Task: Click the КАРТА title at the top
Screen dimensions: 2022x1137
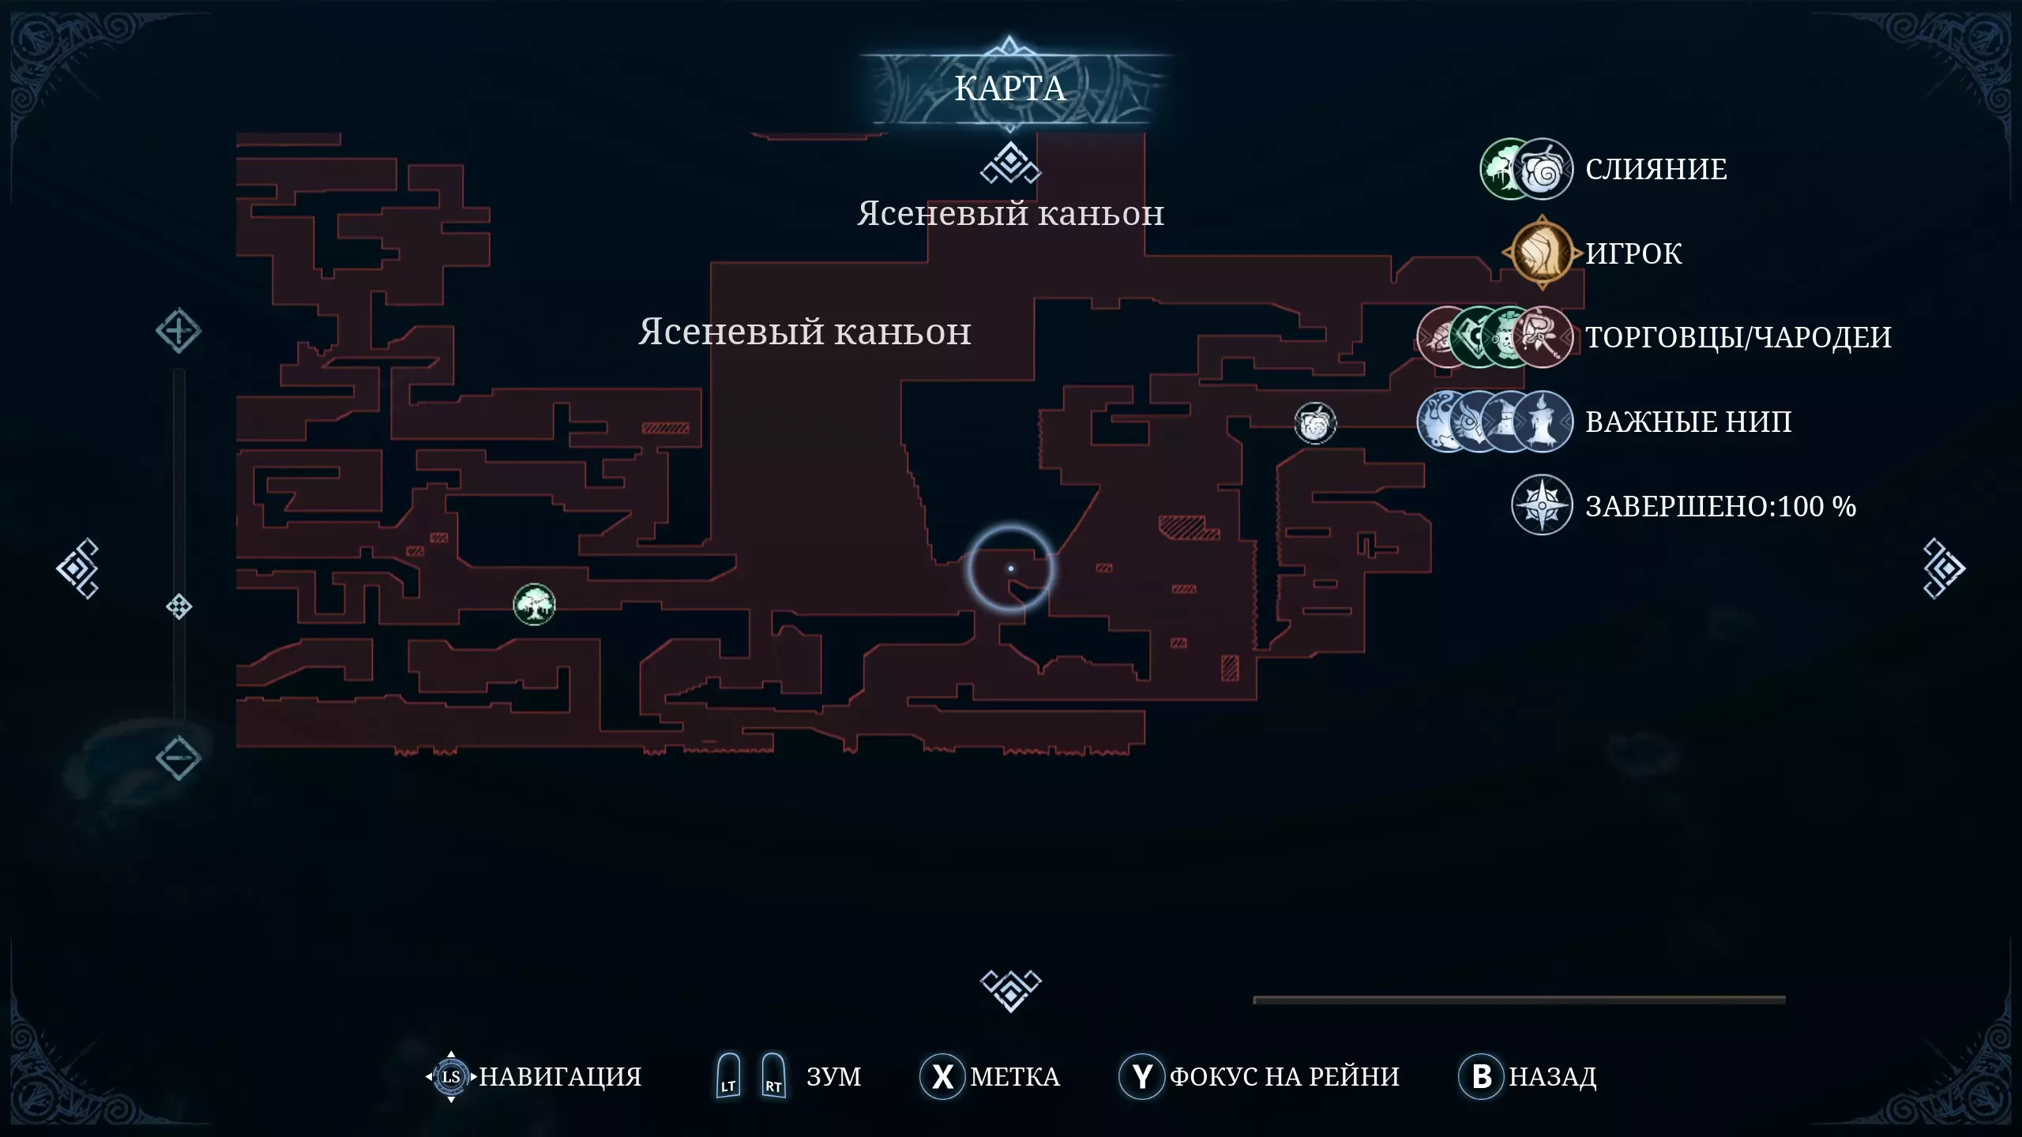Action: (x=1009, y=88)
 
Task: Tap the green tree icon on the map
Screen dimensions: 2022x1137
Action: (x=534, y=605)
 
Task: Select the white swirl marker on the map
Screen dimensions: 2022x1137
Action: (x=1315, y=423)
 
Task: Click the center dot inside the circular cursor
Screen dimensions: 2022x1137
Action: (x=1010, y=568)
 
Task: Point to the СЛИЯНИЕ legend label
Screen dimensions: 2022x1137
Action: (x=1656, y=169)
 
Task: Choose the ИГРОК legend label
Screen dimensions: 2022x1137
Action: (x=1633, y=253)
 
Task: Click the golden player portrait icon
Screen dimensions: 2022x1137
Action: (x=1542, y=253)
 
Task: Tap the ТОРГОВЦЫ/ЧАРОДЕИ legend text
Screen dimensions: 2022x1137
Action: (x=1738, y=337)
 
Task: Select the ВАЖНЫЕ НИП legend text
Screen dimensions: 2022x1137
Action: (x=1688, y=422)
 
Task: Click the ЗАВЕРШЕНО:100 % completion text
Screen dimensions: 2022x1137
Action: (x=1720, y=506)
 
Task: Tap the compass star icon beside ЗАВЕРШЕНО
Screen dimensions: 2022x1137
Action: (x=1541, y=505)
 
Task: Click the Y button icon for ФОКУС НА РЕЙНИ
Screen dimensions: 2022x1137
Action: (x=1141, y=1076)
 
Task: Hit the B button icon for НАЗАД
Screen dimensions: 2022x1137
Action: (x=1481, y=1076)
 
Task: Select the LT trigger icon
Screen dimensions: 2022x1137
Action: (x=728, y=1075)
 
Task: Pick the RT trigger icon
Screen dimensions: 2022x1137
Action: (x=773, y=1075)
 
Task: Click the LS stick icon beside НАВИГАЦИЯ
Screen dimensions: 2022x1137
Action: (x=451, y=1076)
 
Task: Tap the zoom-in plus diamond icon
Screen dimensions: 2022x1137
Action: (x=178, y=331)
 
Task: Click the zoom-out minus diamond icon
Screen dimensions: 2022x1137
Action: (x=178, y=758)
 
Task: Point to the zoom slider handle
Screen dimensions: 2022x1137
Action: (x=179, y=606)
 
